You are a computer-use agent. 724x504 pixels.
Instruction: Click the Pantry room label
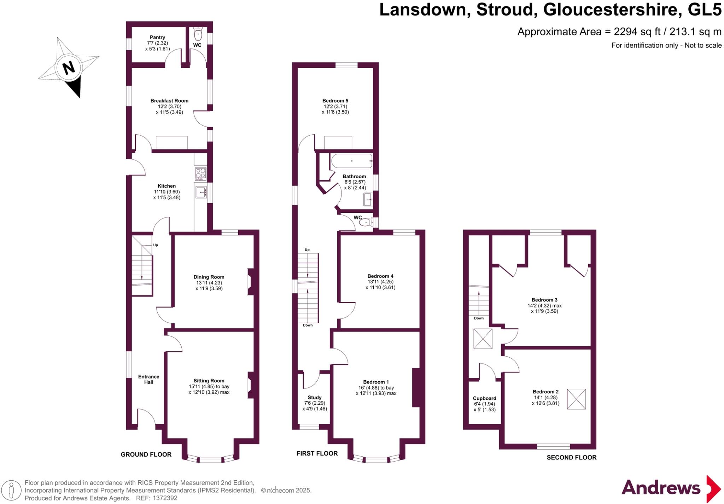tap(157, 37)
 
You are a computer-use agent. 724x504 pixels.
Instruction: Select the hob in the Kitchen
tap(200, 174)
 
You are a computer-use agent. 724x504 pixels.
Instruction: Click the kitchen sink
tap(201, 192)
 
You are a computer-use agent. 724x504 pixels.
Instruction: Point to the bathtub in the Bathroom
tap(352, 161)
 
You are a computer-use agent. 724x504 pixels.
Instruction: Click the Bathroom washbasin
tap(368, 200)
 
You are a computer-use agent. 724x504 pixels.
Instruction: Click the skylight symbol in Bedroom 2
tap(576, 399)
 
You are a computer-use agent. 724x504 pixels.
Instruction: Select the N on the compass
tap(68, 67)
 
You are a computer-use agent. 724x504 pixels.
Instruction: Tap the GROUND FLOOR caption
tap(146, 455)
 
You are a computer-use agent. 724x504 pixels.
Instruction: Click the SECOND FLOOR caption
tap(571, 457)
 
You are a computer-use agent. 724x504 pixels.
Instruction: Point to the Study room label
tap(315, 398)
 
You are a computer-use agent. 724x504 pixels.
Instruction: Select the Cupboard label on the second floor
tap(484, 398)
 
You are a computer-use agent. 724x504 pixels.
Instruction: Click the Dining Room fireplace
tap(251, 282)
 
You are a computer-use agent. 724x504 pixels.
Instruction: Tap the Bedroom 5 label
tap(335, 101)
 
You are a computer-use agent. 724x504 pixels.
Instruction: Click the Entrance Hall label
tap(148, 379)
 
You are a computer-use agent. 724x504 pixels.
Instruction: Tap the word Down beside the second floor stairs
tap(479, 318)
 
